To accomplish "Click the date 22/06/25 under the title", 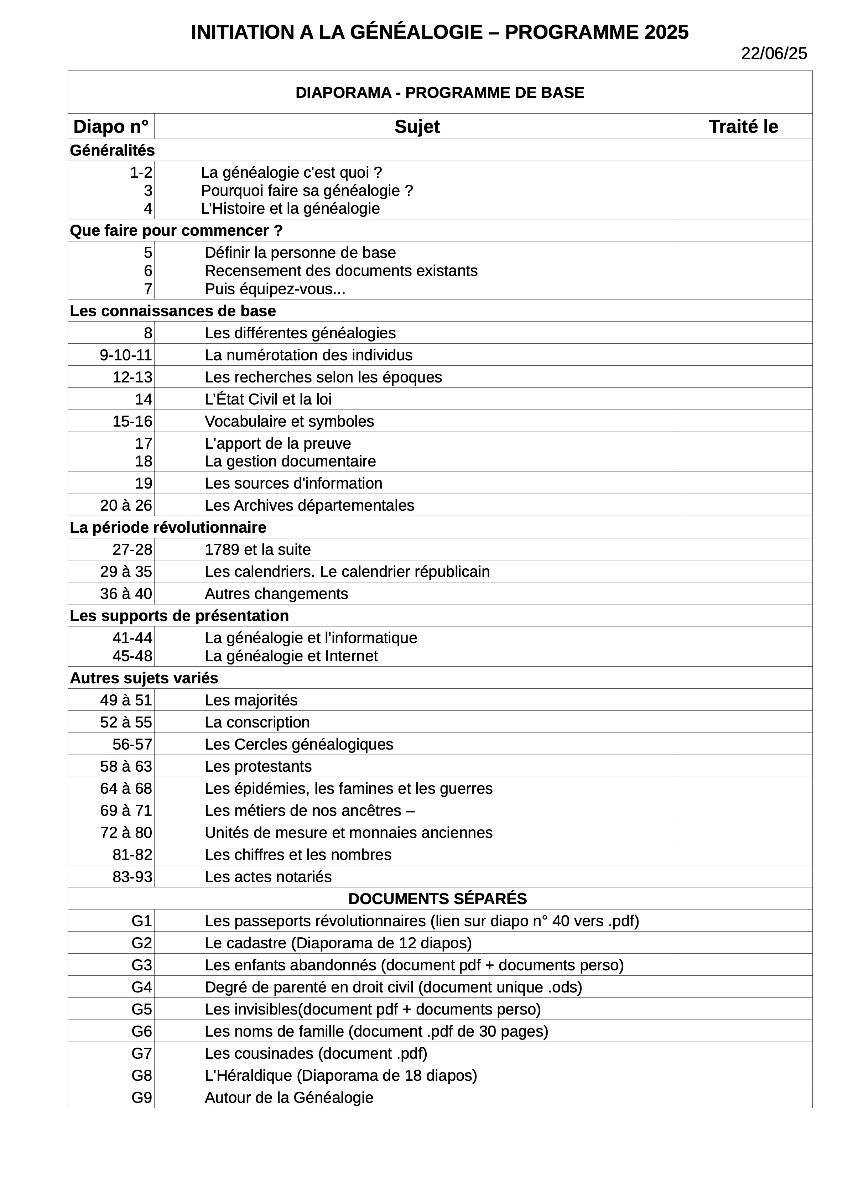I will (x=774, y=54).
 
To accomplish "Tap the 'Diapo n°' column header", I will (x=111, y=127).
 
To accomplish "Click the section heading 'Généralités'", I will (x=112, y=150).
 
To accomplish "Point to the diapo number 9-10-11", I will (x=126, y=355).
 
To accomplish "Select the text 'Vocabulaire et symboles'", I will (x=289, y=421).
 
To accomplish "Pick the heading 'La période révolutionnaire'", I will (x=168, y=527).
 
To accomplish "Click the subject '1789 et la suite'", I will (x=257, y=550).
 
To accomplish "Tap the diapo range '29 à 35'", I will (x=126, y=572).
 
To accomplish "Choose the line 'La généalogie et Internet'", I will (x=291, y=656).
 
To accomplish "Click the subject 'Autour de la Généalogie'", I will (x=289, y=1098).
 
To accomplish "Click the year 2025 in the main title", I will (x=666, y=32).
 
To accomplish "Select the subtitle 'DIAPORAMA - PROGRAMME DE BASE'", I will (x=439, y=93).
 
